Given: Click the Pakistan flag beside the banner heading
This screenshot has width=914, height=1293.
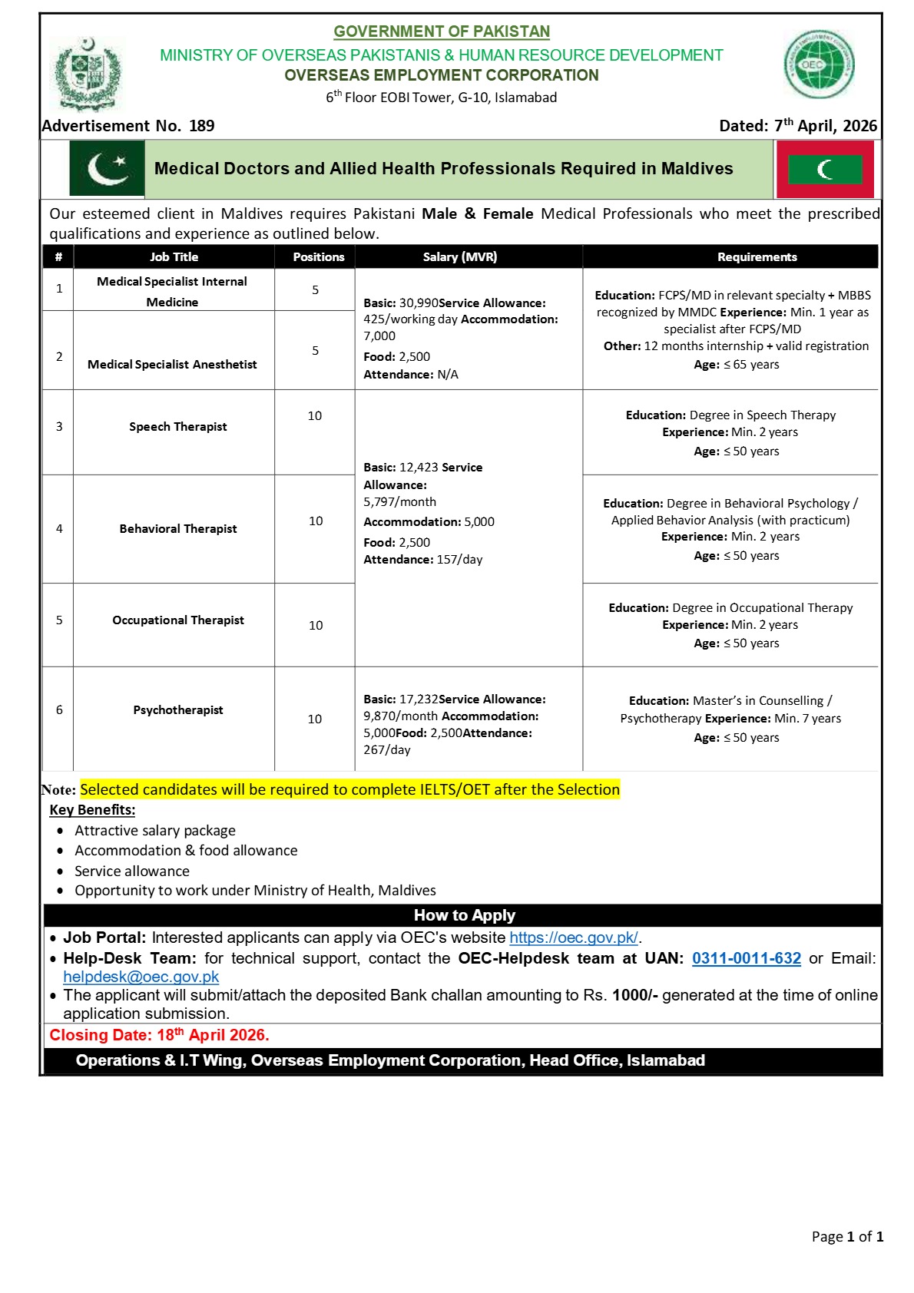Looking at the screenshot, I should (x=107, y=168).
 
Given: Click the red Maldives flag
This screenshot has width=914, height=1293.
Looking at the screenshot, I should (x=825, y=169).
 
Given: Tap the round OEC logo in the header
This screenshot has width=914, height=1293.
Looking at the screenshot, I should (x=819, y=64).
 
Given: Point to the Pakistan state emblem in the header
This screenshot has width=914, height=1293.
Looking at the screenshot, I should (x=87, y=74).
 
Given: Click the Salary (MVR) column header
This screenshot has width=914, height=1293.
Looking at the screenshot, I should (x=460, y=257).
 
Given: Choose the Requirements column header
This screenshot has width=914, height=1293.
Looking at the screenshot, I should (x=757, y=257).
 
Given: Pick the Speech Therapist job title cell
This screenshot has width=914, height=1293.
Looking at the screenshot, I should (x=177, y=427).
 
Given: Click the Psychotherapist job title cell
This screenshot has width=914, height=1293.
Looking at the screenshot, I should (x=177, y=710).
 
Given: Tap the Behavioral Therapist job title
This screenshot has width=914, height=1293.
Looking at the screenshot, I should (x=177, y=529).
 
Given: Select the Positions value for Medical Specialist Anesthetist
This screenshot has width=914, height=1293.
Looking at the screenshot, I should (x=315, y=351).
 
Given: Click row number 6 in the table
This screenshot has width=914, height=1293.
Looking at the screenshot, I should (x=59, y=710).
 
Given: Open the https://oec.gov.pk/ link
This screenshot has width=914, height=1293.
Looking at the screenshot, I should (x=573, y=938).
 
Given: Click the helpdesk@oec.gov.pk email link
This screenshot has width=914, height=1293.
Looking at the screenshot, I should (x=141, y=977).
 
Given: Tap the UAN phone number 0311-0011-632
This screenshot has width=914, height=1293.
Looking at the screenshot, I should (x=746, y=958).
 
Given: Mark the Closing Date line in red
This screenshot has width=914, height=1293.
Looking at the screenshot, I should (x=159, y=1035).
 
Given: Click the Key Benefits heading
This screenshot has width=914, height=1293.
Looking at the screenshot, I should (x=92, y=810).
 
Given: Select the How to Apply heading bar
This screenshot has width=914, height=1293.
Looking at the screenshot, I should (x=464, y=915).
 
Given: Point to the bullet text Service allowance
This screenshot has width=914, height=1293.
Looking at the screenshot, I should (x=131, y=871).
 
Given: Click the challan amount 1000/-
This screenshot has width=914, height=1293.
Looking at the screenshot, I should (x=634, y=995).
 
